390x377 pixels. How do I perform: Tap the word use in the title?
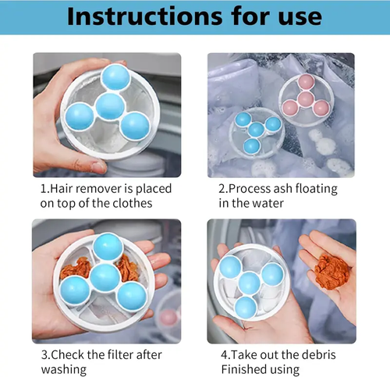click(x=296, y=17)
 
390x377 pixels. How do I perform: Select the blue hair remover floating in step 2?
click(x=257, y=130)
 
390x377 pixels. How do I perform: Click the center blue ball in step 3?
click(x=104, y=277)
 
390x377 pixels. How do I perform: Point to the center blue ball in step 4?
click(x=250, y=283)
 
